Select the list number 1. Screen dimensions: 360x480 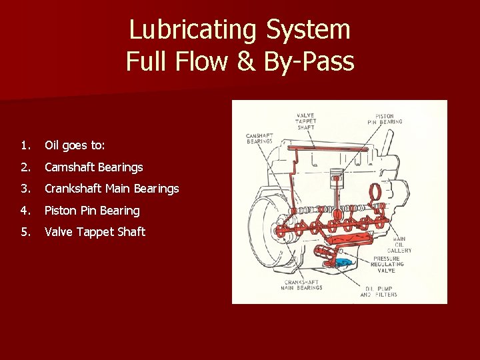(24, 145)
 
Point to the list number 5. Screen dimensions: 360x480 (24, 232)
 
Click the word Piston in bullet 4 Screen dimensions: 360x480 (61, 211)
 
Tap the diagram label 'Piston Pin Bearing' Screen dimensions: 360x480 (385, 119)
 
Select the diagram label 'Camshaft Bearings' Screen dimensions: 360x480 (259, 137)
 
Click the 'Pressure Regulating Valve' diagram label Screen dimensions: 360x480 (387, 264)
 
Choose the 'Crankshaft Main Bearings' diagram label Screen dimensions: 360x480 (301, 285)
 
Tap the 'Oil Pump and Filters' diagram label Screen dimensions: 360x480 (378, 291)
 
